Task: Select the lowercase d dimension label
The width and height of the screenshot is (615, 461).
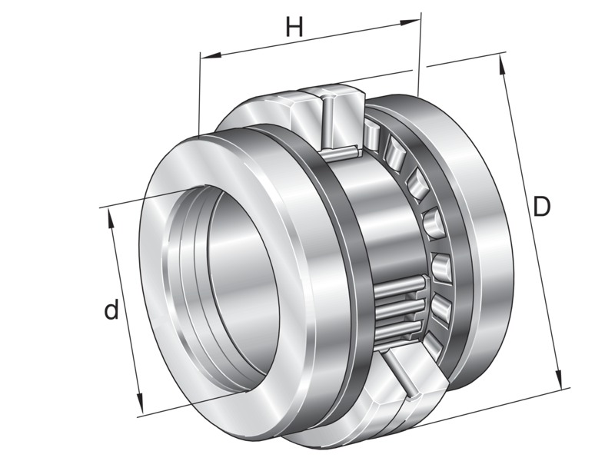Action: pyautogui.click(x=112, y=311)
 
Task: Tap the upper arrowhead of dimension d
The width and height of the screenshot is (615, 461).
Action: pyautogui.click(x=111, y=214)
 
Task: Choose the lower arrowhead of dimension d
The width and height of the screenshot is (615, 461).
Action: pyautogui.click(x=141, y=406)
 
